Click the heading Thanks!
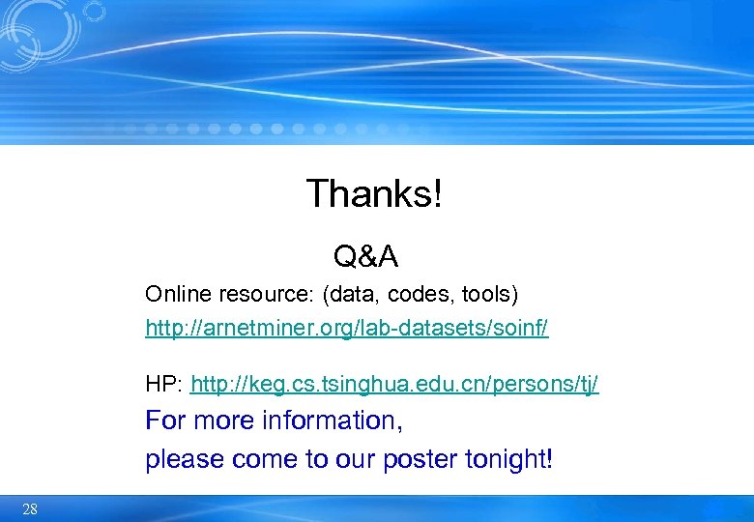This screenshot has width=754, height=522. [374, 194]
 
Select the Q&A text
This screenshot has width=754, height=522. [365, 256]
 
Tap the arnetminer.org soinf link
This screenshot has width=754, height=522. [346, 329]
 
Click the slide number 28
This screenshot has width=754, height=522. [29, 509]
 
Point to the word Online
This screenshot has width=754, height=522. [171, 293]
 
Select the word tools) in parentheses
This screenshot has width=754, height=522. [491, 293]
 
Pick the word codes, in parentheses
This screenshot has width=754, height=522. [426, 293]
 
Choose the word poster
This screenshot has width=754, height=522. [422, 459]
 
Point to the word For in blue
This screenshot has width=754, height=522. [166, 421]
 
